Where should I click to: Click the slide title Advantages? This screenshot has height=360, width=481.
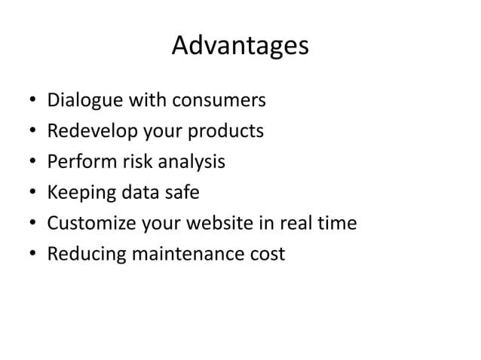[x=240, y=47]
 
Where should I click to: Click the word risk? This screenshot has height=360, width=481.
[x=130, y=162]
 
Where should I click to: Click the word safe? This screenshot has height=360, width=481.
[x=181, y=193]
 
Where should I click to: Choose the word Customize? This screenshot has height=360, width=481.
[x=89, y=224]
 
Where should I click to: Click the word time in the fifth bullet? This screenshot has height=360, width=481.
[x=337, y=224]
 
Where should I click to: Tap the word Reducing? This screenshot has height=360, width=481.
[x=84, y=255]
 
